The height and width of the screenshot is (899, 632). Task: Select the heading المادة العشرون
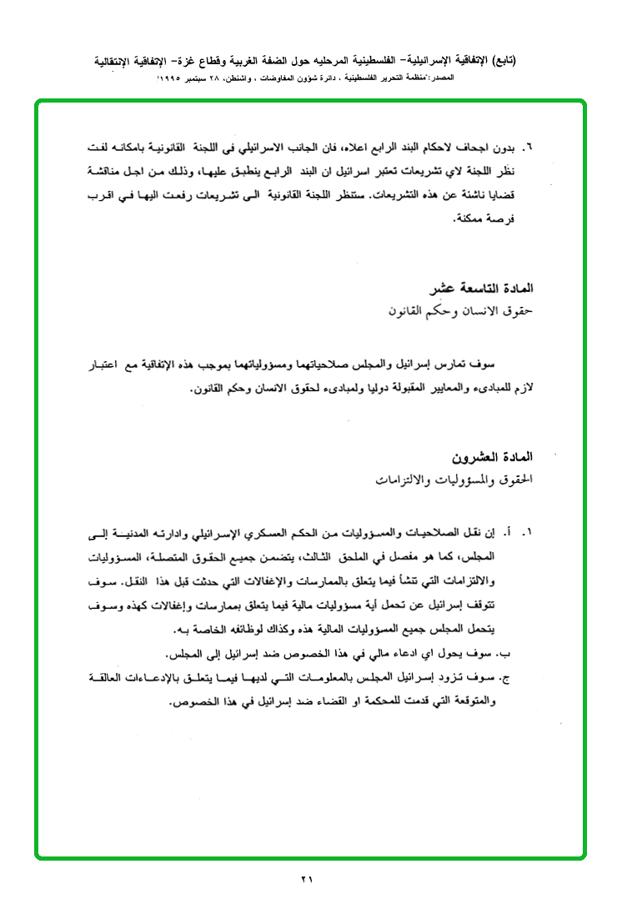tap(492, 458)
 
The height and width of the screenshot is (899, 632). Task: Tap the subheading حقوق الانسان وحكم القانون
tap(460, 309)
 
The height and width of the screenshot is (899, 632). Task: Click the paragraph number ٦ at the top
tap(528, 148)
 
